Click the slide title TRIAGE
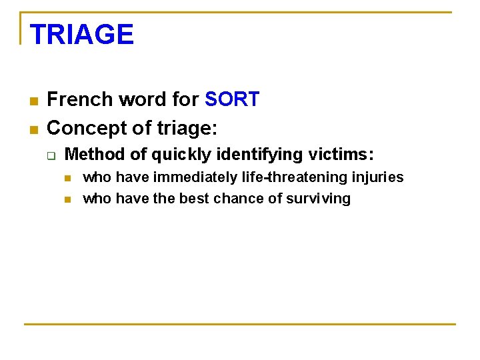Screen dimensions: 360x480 [81, 34]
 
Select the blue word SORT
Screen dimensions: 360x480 [232, 99]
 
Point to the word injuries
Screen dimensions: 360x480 [379, 177]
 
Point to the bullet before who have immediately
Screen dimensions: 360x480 [68, 178]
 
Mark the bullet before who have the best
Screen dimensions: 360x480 [68, 199]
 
